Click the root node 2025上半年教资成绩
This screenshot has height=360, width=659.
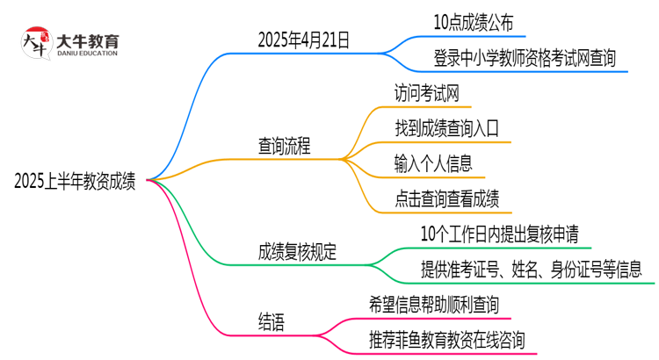pyautogui.click(x=75, y=182)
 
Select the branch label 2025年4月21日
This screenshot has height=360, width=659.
pyautogui.click(x=303, y=39)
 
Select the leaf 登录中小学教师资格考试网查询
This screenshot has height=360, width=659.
pyautogui.click(x=524, y=58)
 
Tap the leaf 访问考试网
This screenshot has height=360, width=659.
pyautogui.click(x=427, y=93)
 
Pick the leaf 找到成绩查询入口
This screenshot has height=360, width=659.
pyautogui.click(x=447, y=128)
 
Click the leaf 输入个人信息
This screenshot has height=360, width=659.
pyautogui.click(x=434, y=163)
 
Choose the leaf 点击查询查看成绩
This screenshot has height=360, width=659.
pyautogui.click(x=447, y=198)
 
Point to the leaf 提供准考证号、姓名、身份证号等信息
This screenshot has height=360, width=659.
pyautogui.click(x=531, y=270)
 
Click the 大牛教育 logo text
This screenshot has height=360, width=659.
pyautogui.click(x=87, y=40)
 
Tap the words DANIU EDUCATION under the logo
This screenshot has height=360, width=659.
pyautogui.click(x=87, y=54)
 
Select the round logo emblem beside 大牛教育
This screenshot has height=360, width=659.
pyautogui.click(x=35, y=44)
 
